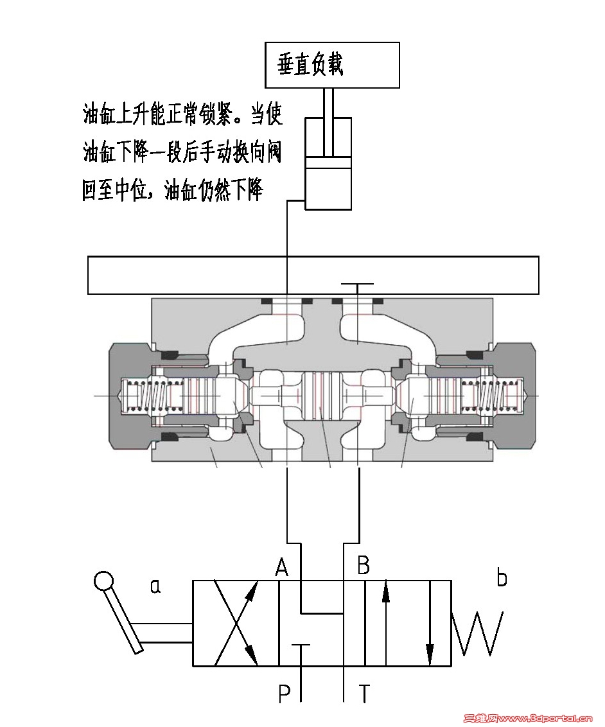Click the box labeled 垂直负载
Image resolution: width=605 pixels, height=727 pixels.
click(332, 65)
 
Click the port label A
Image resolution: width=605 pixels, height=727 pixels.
click(281, 566)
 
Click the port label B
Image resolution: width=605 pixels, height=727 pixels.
click(363, 566)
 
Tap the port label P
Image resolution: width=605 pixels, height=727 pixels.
click(285, 694)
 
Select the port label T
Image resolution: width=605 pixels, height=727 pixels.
click(364, 694)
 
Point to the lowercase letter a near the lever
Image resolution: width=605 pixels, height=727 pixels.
click(154, 585)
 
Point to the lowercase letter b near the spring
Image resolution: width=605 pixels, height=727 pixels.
click(502, 578)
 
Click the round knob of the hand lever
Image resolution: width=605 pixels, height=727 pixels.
click(103, 581)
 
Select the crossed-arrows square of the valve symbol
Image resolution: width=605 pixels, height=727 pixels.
click(236, 623)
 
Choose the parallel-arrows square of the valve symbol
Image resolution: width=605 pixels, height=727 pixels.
click(408, 623)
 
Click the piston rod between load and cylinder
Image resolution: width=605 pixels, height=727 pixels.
click(328, 103)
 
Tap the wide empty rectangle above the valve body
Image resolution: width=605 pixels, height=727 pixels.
click(313, 275)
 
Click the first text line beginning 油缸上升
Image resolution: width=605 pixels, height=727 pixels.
click(182, 115)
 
